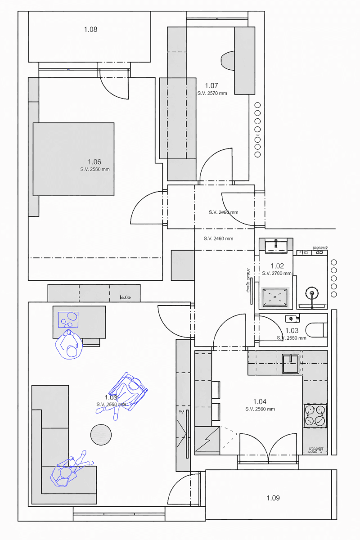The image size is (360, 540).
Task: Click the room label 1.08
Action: tap(90, 30)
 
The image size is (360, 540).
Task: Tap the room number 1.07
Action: tap(211, 85)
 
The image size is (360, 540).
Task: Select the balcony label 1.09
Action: tap(273, 498)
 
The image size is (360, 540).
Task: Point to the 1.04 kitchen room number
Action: tap(260, 401)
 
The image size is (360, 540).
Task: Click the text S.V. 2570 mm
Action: tap(212, 93)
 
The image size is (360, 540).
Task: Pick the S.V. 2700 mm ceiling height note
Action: tap(276, 273)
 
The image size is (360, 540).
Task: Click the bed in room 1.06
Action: tap(73, 159)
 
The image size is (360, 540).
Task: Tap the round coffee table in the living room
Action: tap(101, 434)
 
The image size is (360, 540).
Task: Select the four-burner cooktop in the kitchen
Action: tap(315, 415)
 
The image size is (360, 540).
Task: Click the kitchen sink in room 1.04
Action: tap(290, 364)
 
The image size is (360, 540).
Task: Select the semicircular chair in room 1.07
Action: tap(229, 60)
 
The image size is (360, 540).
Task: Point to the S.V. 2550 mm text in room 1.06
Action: tap(94, 169)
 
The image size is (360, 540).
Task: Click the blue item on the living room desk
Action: tap(68, 319)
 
